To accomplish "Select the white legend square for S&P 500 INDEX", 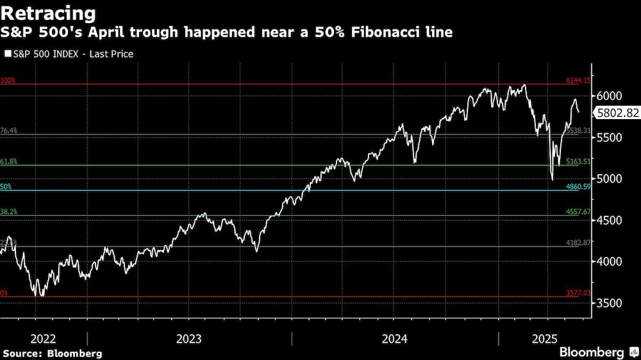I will [x=8, y=54].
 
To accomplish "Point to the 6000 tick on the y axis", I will [x=609, y=95].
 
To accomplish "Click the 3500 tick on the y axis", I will [x=609, y=302].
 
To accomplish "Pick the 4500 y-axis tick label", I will [x=609, y=220].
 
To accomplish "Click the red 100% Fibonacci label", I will [x=8, y=81].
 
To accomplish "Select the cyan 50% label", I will [x=6, y=186].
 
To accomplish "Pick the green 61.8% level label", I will [x=8, y=161].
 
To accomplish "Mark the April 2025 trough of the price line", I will [x=552, y=179].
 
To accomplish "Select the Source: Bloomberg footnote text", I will [x=53, y=353].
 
